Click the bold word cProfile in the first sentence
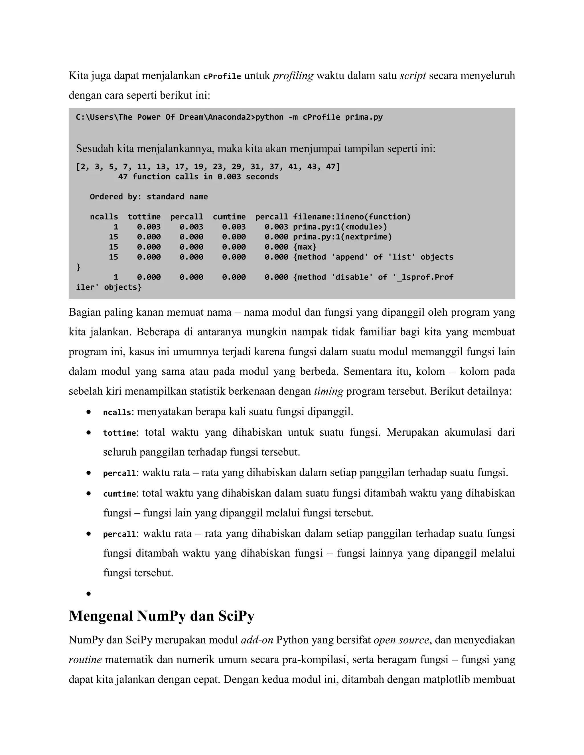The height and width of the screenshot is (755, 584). [222, 76]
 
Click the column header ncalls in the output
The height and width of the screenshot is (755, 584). [104, 217]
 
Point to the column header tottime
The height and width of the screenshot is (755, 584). [144, 217]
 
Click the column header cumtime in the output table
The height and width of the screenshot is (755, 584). [229, 217]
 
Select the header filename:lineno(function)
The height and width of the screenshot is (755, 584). [352, 217]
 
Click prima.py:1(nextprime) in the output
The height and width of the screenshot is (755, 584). [342, 237]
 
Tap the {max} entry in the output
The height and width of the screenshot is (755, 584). [305, 247]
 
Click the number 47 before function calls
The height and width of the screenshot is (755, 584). [123, 177]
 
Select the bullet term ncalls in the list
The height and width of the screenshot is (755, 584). [117, 413]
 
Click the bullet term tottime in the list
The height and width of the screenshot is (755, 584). [119, 433]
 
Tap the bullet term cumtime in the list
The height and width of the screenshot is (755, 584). [119, 494]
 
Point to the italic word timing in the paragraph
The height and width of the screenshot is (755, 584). [328, 391]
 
